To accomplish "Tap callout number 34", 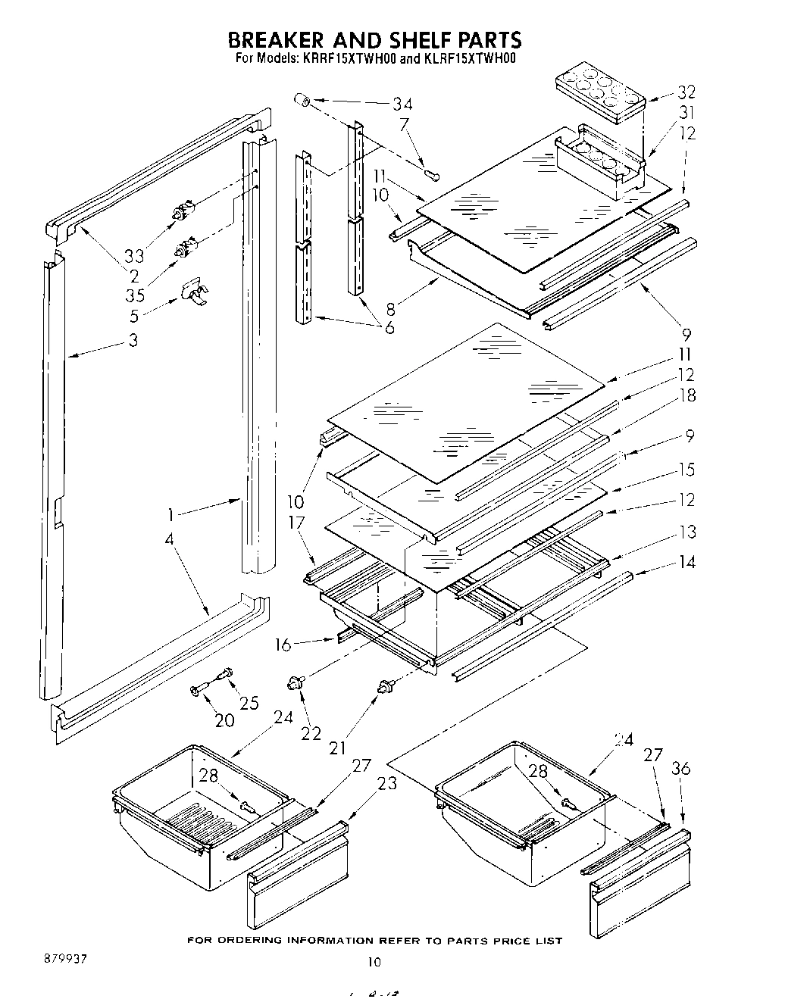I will tap(402, 104).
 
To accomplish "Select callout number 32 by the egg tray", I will tap(686, 92).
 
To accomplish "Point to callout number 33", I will tap(134, 255).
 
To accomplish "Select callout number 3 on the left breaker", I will tap(133, 340).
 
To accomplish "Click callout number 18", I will tap(687, 395).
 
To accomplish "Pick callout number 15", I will tap(686, 470).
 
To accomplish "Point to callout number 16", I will tap(283, 645).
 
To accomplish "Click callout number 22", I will tap(311, 732).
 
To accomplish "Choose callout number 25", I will tap(249, 702).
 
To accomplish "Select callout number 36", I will tap(681, 769).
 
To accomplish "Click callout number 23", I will tap(386, 784).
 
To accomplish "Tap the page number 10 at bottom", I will tap(373, 962).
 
